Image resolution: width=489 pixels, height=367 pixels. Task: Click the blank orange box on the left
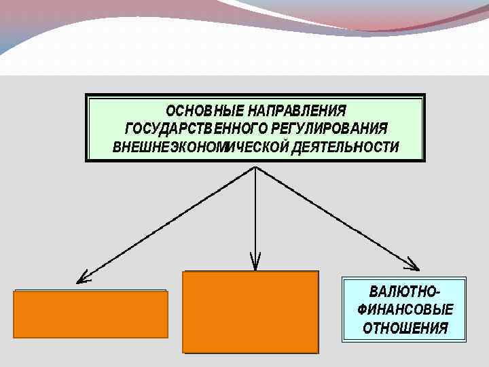[x=90, y=314]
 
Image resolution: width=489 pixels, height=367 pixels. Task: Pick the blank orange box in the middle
[x=251, y=312]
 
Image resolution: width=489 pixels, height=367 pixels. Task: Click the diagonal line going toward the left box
[x=170, y=221]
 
